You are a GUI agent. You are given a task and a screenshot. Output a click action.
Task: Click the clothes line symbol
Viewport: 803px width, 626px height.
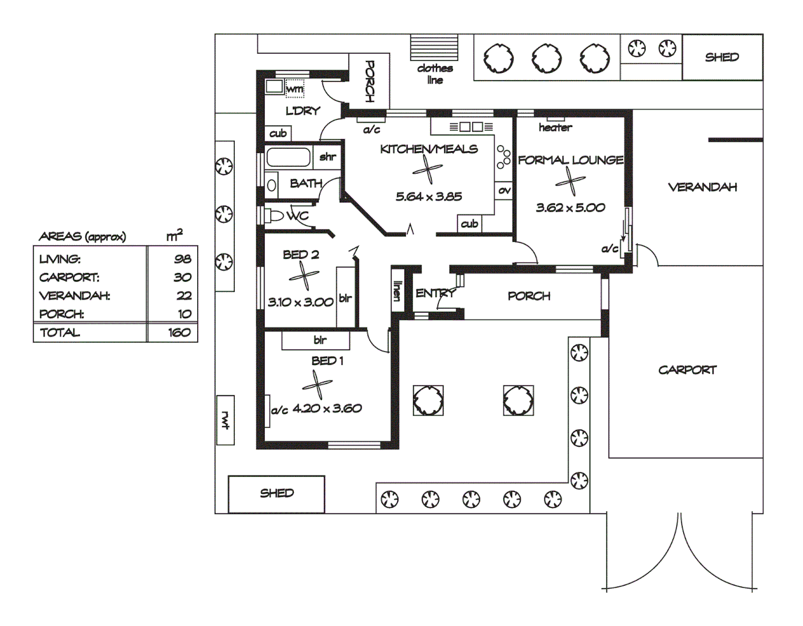click(x=434, y=48)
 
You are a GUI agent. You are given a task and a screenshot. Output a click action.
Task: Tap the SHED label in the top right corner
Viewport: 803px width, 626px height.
click(x=722, y=57)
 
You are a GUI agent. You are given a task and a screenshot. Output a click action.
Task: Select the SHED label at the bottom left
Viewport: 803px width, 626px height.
click(x=277, y=493)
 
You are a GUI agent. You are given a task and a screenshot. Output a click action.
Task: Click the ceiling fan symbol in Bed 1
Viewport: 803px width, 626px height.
click(x=317, y=384)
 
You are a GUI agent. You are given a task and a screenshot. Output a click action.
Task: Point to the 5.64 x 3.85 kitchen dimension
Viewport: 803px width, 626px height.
click(x=428, y=196)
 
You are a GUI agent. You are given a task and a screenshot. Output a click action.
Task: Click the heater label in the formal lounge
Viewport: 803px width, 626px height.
click(x=555, y=128)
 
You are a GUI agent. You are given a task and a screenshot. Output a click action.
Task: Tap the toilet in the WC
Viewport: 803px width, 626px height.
click(x=272, y=216)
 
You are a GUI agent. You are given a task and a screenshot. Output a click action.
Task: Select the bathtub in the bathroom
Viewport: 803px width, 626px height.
click(x=288, y=157)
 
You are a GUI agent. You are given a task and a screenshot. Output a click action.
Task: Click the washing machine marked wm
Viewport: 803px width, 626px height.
click(x=294, y=88)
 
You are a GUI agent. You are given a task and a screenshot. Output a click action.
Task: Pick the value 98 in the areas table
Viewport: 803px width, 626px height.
click(x=183, y=259)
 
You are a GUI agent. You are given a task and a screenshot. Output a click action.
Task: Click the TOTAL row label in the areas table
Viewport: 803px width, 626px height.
click(x=60, y=333)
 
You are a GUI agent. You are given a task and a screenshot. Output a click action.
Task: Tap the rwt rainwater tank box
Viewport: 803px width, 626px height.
click(x=225, y=420)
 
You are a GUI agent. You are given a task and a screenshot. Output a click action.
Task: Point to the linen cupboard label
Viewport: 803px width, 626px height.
click(x=397, y=290)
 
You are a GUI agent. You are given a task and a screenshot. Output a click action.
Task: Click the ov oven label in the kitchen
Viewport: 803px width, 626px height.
click(x=504, y=190)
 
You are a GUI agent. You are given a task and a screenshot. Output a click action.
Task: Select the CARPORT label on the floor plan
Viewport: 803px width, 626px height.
click(x=687, y=370)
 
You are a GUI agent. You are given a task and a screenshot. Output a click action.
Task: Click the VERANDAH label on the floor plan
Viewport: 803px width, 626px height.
click(x=702, y=187)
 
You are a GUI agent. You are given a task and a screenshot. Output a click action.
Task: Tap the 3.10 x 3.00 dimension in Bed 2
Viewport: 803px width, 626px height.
click(x=300, y=302)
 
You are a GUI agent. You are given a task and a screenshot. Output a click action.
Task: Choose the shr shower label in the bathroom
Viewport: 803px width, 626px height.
click(x=328, y=156)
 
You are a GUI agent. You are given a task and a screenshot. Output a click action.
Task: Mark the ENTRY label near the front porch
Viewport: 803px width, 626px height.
click(x=435, y=293)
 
